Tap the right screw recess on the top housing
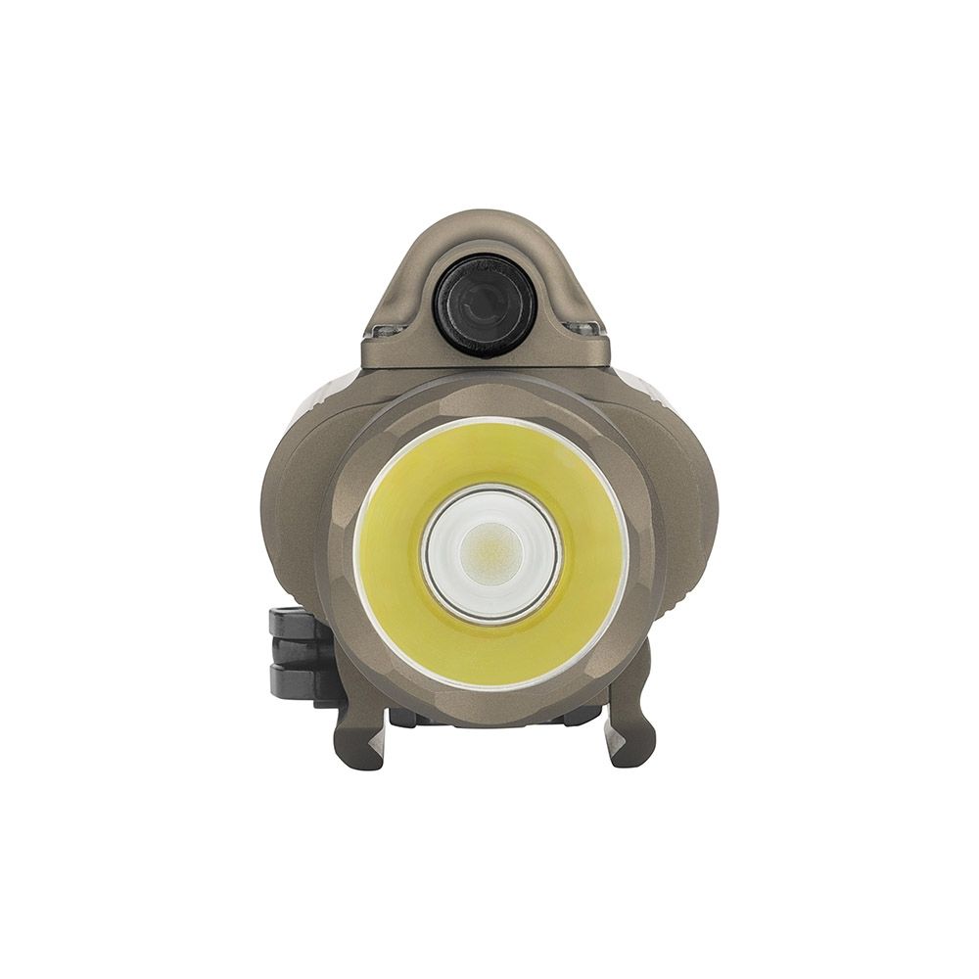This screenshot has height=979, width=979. (x=584, y=327)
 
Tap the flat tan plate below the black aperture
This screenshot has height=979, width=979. (x=485, y=354)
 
